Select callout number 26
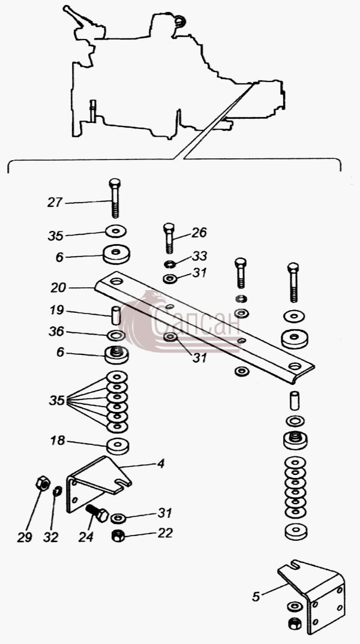click(199, 233)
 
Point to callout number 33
click(199, 256)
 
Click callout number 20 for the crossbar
click(58, 288)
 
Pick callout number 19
click(57, 310)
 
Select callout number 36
click(57, 332)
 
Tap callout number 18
click(58, 441)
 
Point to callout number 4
click(161, 464)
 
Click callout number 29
click(25, 538)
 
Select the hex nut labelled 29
click(43, 483)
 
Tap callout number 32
click(51, 538)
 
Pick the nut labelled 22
click(119, 535)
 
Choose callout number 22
click(166, 533)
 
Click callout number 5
click(256, 597)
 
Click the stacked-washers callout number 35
click(57, 400)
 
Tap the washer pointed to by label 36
click(116, 336)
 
